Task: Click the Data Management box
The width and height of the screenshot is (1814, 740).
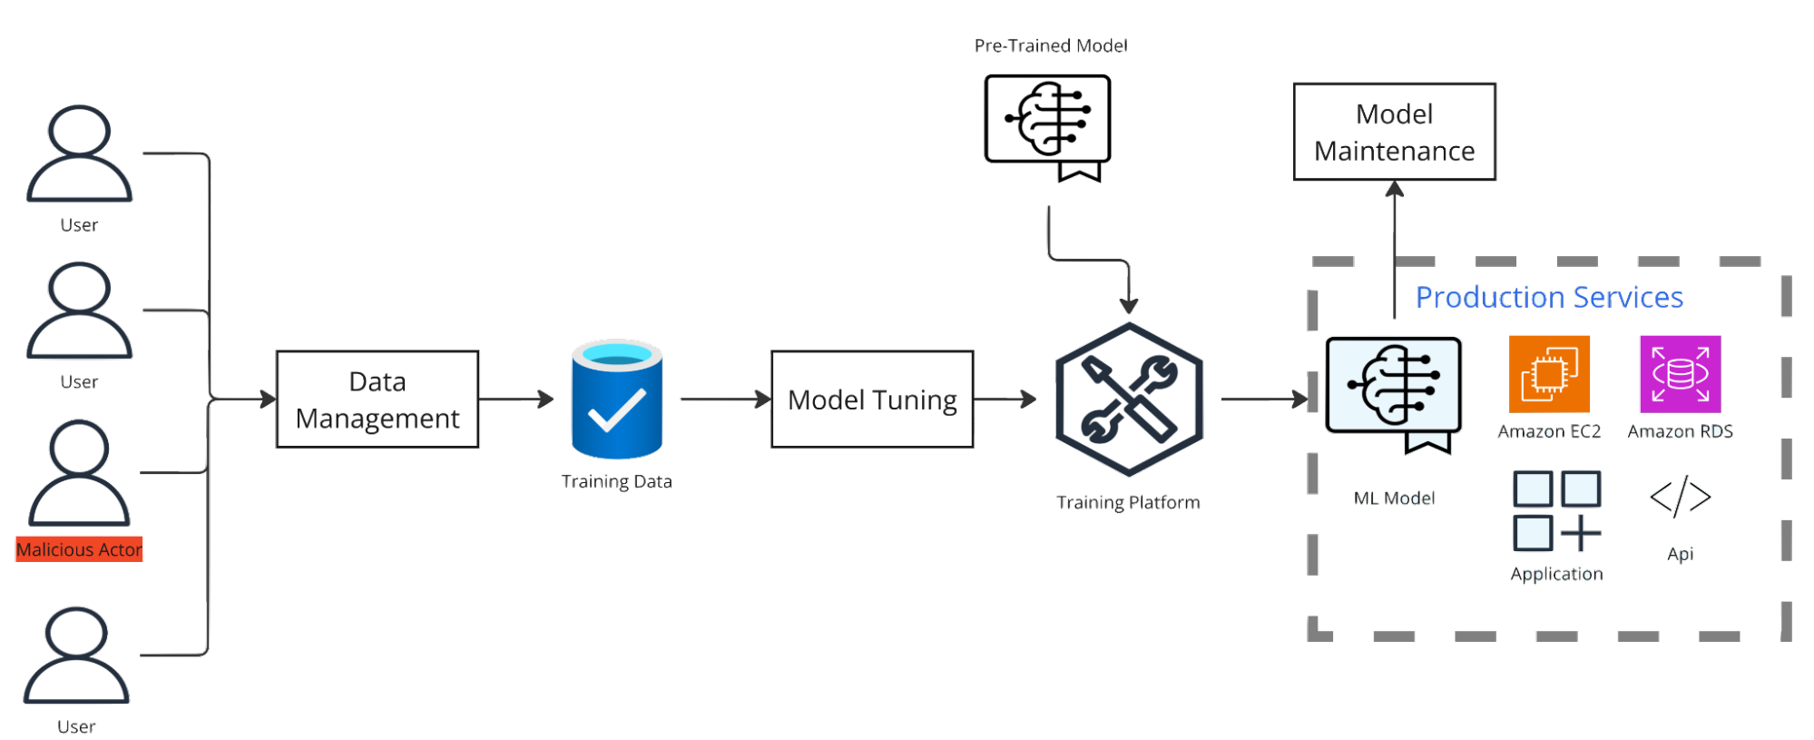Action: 378,400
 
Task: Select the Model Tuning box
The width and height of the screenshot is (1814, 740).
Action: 872,400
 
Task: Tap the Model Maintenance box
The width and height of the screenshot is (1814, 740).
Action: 1394,133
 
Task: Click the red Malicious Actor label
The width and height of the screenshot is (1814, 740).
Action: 79,549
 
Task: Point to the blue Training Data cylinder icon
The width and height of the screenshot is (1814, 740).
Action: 617,400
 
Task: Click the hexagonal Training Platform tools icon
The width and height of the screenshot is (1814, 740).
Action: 1129,400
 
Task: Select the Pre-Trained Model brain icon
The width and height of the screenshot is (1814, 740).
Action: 1048,122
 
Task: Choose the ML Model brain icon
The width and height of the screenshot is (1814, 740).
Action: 1393,387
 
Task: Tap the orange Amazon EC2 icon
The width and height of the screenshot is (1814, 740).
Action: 1549,374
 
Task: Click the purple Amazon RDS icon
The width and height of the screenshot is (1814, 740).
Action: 1680,374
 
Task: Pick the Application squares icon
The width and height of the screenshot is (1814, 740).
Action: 1556,511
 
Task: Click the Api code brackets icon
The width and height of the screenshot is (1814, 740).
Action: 1680,497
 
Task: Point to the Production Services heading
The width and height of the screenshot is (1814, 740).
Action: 1550,298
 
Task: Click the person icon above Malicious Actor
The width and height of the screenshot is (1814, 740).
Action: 79,472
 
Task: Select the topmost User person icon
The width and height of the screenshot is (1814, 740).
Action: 79,153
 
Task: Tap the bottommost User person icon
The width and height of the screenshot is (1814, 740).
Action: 76,656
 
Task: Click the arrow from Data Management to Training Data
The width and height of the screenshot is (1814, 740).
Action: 516,399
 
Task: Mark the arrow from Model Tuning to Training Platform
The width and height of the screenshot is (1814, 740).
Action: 1005,399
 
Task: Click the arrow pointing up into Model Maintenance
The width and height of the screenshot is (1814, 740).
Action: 1395,245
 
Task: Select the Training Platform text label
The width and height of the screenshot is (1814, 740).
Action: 1129,502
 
